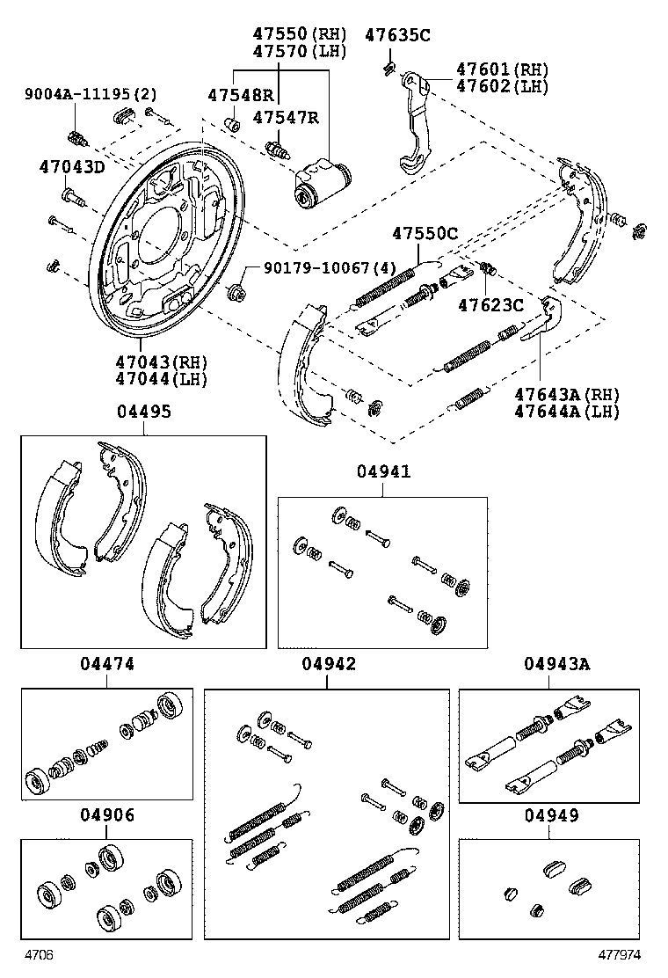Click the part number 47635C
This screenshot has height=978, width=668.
[397, 35]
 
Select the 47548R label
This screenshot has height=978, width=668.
[241, 95]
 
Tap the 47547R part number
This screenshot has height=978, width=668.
[286, 117]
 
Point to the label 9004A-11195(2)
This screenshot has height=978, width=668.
[91, 94]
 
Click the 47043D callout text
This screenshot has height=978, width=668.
[72, 167]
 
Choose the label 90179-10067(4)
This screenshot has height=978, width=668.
[330, 267]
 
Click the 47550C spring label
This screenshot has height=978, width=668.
[425, 234]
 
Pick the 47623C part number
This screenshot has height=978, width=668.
[491, 305]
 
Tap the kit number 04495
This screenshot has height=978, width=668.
[144, 412]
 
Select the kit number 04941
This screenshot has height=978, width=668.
[384, 471]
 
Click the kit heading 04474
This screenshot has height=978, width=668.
[106, 664]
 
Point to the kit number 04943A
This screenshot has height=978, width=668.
[556, 664]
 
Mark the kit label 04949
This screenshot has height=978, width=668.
[551, 815]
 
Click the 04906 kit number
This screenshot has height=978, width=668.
[106, 815]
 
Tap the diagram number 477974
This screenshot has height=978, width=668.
[620, 955]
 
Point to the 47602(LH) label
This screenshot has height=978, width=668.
[502, 86]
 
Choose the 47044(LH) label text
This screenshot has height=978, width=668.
[162, 378]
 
